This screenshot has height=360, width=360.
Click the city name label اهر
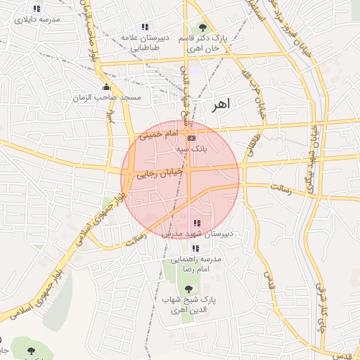[220, 104]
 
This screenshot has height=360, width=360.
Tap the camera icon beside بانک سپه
[192, 138]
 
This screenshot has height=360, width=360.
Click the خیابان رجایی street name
[159, 173]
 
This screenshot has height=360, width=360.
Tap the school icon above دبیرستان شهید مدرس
[195, 223]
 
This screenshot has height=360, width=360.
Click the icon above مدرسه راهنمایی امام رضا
[195, 248]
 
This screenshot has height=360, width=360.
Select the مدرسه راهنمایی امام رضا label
[198, 264]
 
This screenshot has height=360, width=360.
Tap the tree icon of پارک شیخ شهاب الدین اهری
[187, 288]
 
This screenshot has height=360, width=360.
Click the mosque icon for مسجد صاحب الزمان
[106, 87]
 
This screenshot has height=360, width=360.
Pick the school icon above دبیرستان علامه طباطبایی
[146, 27]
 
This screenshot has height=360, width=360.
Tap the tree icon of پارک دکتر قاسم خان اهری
[203, 27]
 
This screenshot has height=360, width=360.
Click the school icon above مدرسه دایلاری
[37, 8]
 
